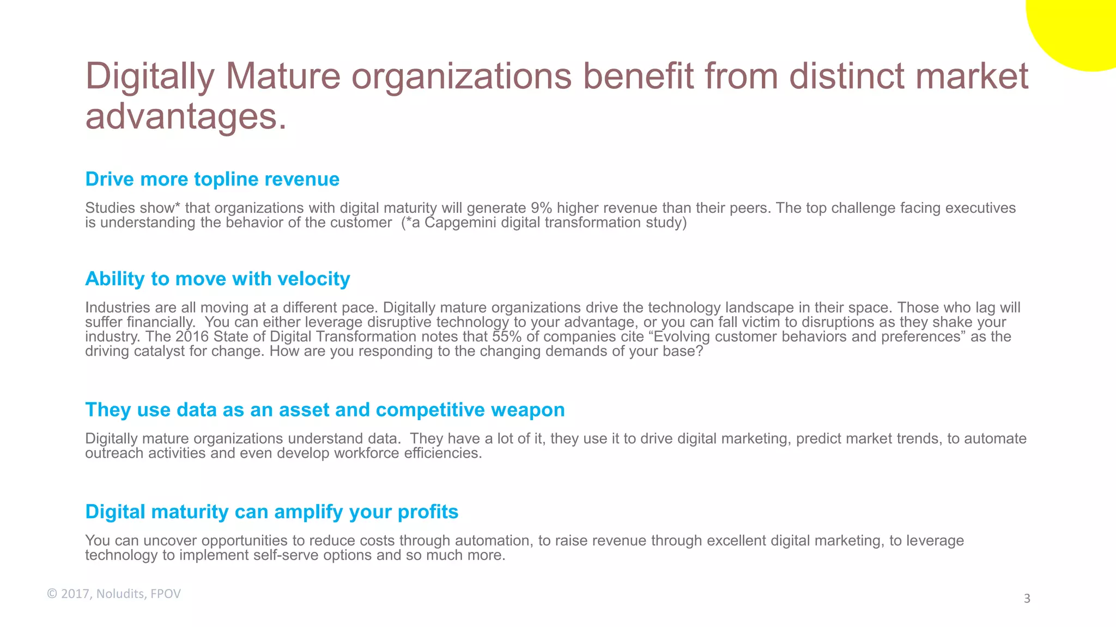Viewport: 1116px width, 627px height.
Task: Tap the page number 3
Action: pos(1027,599)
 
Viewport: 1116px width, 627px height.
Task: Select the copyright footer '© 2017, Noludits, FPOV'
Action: pos(114,594)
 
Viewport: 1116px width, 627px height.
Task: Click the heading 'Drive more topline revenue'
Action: pos(212,179)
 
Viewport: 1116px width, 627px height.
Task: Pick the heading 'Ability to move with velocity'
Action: pos(217,279)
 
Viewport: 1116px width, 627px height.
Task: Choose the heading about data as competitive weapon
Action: pos(325,410)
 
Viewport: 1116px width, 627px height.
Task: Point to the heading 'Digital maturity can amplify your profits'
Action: pos(271,512)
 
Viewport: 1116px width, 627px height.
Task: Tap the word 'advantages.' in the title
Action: pos(186,116)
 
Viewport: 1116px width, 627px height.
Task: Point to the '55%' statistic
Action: pos(507,336)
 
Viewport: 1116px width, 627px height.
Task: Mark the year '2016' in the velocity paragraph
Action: pos(192,336)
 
